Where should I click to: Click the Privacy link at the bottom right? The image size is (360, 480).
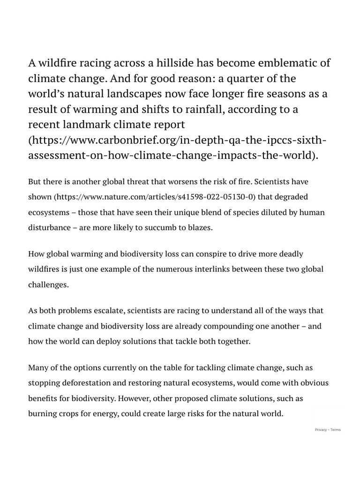point(321,430)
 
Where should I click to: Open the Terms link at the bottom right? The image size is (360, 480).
point(336,430)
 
